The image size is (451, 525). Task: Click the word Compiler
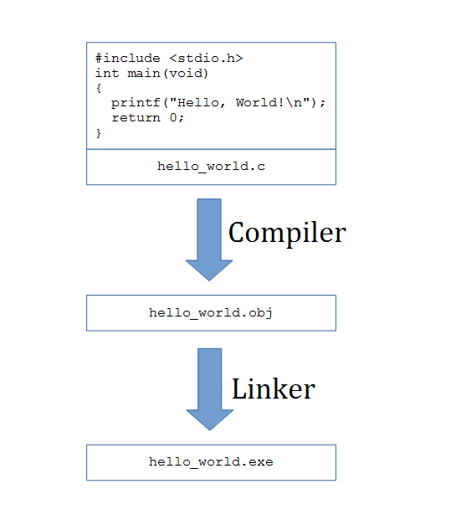(x=287, y=233)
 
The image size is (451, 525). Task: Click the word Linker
(x=274, y=389)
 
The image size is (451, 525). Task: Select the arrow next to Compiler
(x=209, y=239)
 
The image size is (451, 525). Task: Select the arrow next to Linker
(x=210, y=389)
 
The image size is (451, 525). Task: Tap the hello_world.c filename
(x=211, y=167)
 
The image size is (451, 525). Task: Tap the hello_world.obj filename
(x=211, y=313)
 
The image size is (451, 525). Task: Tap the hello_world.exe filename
(x=211, y=462)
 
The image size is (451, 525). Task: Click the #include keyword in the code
(x=128, y=59)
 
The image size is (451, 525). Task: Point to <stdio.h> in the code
(x=206, y=59)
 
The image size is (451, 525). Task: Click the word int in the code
(x=107, y=74)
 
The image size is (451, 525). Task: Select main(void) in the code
(x=168, y=74)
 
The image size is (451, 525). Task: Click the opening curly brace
(x=99, y=89)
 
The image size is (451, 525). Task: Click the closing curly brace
(x=99, y=133)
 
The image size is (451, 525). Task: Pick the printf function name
(x=136, y=103)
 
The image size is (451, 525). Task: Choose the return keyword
(x=136, y=118)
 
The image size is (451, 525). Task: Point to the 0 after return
(x=173, y=118)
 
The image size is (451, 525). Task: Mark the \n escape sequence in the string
(x=294, y=102)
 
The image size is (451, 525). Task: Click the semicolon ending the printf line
(x=322, y=103)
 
